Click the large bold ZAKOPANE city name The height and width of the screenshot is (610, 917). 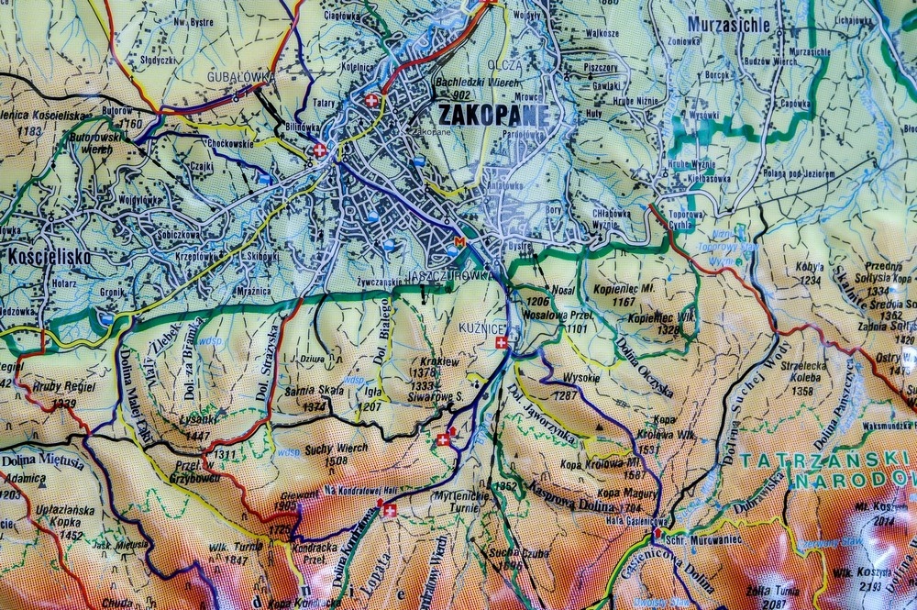tap(493, 115)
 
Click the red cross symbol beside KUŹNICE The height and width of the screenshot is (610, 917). tap(500, 342)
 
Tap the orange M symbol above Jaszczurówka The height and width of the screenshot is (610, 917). tap(460, 241)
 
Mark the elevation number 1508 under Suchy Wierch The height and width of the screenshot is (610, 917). tap(336, 460)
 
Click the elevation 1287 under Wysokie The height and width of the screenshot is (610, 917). tap(565, 395)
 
